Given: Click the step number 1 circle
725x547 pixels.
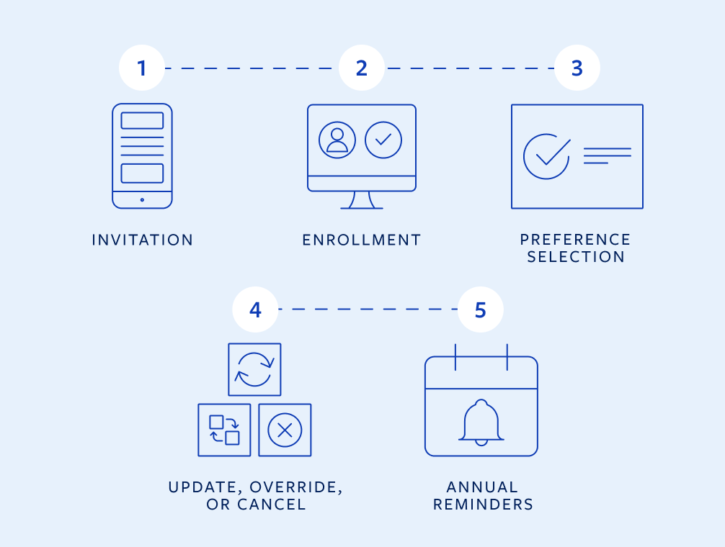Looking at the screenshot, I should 141,68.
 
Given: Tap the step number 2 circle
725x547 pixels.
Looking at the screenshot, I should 362,68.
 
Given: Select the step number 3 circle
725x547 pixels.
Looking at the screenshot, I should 577,68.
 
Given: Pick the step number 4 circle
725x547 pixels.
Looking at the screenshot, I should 255,309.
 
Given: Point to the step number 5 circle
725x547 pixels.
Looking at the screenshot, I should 480,309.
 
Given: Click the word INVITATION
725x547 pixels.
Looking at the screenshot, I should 143,240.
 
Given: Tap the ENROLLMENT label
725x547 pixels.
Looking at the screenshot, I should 362,240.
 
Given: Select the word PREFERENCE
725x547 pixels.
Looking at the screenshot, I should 576,240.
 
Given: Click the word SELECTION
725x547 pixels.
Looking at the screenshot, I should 576,258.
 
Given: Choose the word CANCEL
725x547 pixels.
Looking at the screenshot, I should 274,505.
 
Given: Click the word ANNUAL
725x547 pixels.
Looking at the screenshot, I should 482,487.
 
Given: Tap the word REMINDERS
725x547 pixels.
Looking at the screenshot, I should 483,505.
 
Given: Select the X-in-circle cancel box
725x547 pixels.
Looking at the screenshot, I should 285,430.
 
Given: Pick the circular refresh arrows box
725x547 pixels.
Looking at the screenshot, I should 254,369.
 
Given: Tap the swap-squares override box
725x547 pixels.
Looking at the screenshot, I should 224,430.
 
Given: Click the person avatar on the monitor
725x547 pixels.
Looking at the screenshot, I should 337,140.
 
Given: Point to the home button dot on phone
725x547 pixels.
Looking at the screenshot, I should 142,199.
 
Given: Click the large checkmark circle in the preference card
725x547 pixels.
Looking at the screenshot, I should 546,155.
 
